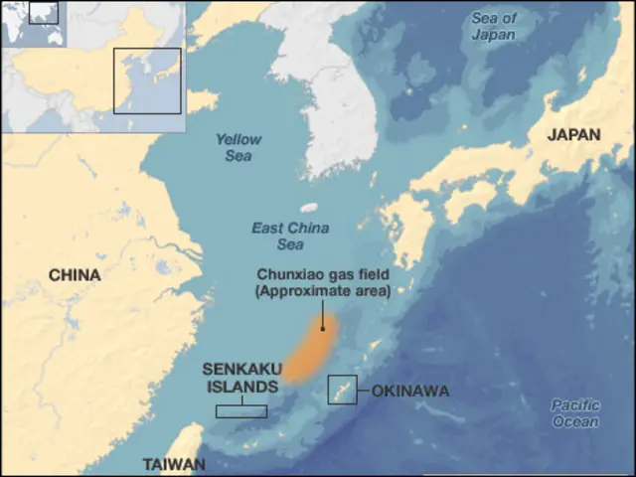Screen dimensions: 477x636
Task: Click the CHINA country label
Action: click(x=75, y=274)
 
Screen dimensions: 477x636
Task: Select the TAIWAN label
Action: click(x=174, y=464)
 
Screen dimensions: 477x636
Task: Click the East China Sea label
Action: click(x=277, y=236)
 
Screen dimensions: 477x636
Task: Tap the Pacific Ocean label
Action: click(x=576, y=413)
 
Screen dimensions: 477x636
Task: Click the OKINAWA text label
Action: click(x=409, y=392)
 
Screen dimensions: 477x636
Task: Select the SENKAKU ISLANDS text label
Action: click(x=240, y=377)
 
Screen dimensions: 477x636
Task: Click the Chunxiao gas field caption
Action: click(x=323, y=274)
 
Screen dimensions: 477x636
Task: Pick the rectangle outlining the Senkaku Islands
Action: click(x=241, y=410)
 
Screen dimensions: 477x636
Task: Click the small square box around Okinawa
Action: click(x=343, y=390)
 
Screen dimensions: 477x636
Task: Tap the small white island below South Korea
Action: click(x=309, y=209)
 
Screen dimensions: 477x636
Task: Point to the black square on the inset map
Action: click(x=147, y=80)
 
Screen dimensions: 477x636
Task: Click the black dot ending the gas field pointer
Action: click(x=323, y=328)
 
